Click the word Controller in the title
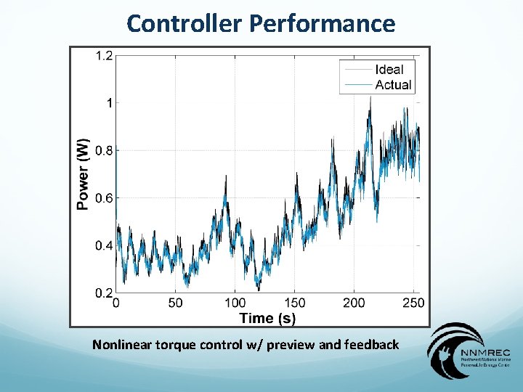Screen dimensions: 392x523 [x=185, y=23]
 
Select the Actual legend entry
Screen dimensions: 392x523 [x=393, y=85]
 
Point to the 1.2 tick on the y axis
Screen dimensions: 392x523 [x=103, y=55]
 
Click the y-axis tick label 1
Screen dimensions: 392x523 [x=109, y=103]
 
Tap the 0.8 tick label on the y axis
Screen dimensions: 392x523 [x=103, y=150]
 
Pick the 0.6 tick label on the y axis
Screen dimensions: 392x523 [x=103, y=198]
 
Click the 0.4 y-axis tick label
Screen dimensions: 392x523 [x=103, y=245]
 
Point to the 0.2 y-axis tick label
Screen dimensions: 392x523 [x=103, y=293]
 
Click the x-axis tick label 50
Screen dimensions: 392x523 [x=175, y=303]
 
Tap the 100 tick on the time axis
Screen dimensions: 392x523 [x=235, y=303]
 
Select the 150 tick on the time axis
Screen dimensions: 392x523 [x=294, y=303]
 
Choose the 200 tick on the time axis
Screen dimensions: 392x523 [x=354, y=303]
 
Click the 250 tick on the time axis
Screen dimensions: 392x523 [x=413, y=303]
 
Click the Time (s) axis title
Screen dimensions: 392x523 [x=267, y=318]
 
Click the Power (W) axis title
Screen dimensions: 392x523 [x=84, y=174]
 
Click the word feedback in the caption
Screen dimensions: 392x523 [x=370, y=344]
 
